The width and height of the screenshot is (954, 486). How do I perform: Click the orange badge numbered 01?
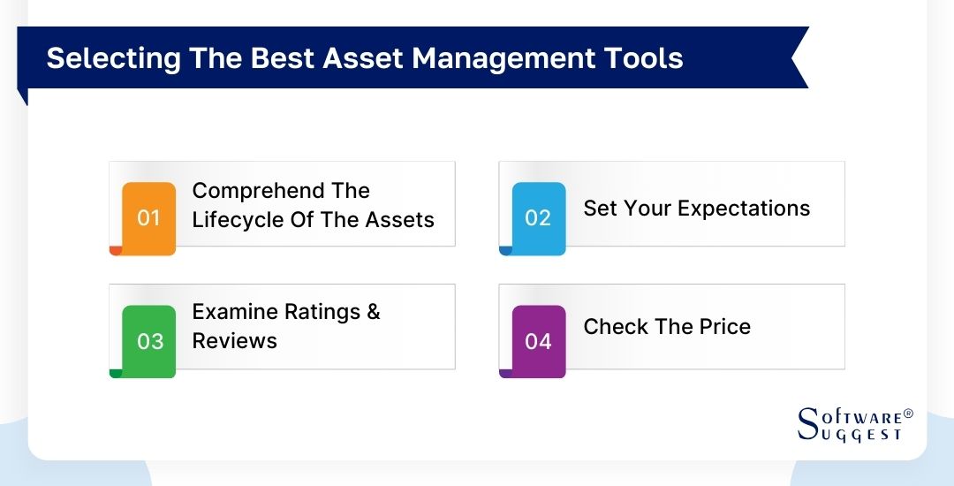(148, 217)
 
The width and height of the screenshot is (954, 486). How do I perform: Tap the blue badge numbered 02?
(538, 217)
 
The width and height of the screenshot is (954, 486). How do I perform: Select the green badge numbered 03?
(149, 341)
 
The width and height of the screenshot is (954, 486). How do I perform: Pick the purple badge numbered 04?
(538, 341)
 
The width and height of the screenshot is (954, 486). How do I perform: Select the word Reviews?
(234, 341)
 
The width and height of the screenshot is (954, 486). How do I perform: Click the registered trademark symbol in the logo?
(908, 414)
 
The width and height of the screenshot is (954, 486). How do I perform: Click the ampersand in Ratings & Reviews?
(373, 312)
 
